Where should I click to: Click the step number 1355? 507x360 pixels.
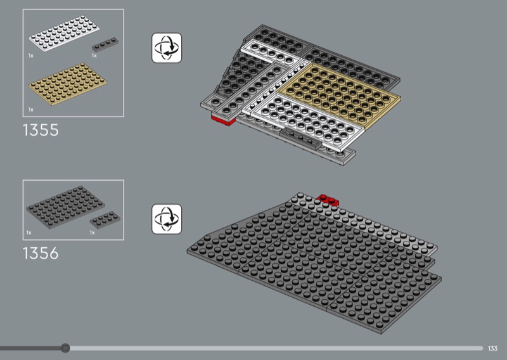pyautogui.click(x=41, y=130)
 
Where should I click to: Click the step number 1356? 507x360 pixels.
pyautogui.click(x=41, y=254)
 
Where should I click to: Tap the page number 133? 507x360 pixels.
pyautogui.click(x=492, y=349)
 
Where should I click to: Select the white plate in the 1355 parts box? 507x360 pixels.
pyautogui.click(x=64, y=34)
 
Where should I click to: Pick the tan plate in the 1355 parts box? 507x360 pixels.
pyautogui.click(x=68, y=84)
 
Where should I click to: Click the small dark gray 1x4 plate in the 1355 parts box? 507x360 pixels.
pyautogui.click(x=105, y=44)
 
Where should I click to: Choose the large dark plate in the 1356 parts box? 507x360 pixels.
pyautogui.click(x=66, y=207)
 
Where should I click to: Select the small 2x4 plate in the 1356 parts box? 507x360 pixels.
pyautogui.click(x=105, y=220)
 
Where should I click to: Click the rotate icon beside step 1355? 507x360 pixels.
pyautogui.click(x=167, y=48)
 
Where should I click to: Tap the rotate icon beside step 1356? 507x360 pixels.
pyautogui.click(x=167, y=219)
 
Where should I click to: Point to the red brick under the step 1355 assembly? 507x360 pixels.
pyautogui.click(x=223, y=120)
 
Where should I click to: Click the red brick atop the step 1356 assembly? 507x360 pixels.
pyautogui.click(x=328, y=200)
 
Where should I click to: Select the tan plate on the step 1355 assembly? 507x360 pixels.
pyautogui.click(x=339, y=96)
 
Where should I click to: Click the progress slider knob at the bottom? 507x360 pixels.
pyautogui.click(x=65, y=348)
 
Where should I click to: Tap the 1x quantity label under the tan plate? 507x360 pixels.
pyautogui.click(x=30, y=110)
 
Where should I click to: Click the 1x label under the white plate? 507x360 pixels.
pyautogui.click(x=30, y=56)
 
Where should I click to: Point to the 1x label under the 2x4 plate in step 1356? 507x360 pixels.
pyautogui.click(x=92, y=233)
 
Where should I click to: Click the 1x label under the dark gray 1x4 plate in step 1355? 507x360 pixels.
pyautogui.click(x=94, y=56)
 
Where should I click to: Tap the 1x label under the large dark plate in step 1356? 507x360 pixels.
pyautogui.click(x=29, y=233)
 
